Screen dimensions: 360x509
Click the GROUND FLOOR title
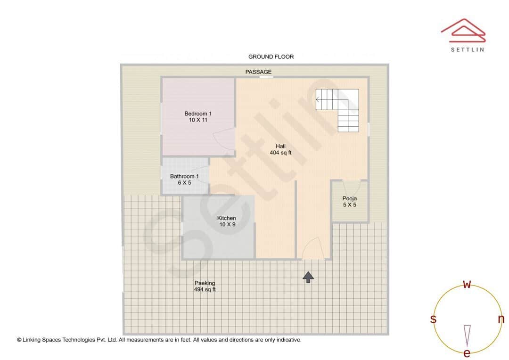271,57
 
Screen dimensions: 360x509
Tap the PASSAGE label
258,72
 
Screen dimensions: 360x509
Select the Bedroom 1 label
198,114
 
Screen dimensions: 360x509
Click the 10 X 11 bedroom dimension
198,120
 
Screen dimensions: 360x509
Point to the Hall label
280,146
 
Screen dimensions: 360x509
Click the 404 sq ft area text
280,153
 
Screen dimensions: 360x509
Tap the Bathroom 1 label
184,177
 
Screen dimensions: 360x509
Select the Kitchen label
227,218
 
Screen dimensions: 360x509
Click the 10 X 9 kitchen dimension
227,225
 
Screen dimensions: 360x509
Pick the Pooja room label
349,198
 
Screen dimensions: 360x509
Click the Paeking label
205,283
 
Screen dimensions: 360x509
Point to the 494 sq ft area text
205,290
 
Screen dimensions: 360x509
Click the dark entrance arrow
308,277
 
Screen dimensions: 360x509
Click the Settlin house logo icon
463,29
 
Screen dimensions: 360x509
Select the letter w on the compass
467,284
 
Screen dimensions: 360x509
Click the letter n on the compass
501,319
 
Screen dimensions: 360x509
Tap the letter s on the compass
433,319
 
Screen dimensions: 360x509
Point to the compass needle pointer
467,335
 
